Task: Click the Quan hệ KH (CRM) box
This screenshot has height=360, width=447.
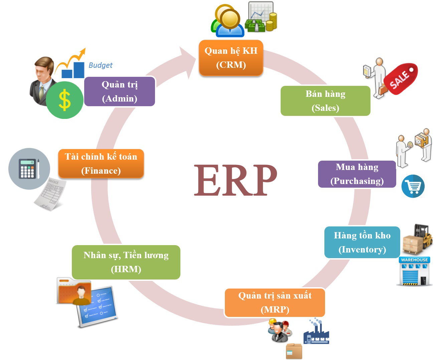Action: (x=231, y=58)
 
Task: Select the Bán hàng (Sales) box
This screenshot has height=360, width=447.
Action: (x=325, y=101)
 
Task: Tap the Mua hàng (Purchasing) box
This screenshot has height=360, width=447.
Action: (x=357, y=174)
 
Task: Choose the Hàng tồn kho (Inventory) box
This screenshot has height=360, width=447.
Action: (x=362, y=242)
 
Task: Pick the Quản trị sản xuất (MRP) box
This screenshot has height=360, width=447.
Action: (x=275, y=303)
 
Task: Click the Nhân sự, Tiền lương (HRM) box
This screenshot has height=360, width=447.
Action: (x=126, y=262)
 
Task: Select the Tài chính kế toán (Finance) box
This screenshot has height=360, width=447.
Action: (x=101, y=164)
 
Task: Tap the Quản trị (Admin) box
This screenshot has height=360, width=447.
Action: (x=120, y=92)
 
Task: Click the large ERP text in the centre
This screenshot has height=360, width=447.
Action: (x=236, y=180)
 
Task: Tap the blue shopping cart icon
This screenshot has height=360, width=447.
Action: (x=413, y=186)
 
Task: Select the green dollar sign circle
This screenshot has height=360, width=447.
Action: (x=64, y=100)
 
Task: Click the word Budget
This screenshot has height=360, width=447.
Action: (x=100, y=65)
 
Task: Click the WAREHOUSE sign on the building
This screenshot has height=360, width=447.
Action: (x=414, y=260)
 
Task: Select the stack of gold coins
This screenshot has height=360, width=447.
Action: (x=271, y=21)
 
